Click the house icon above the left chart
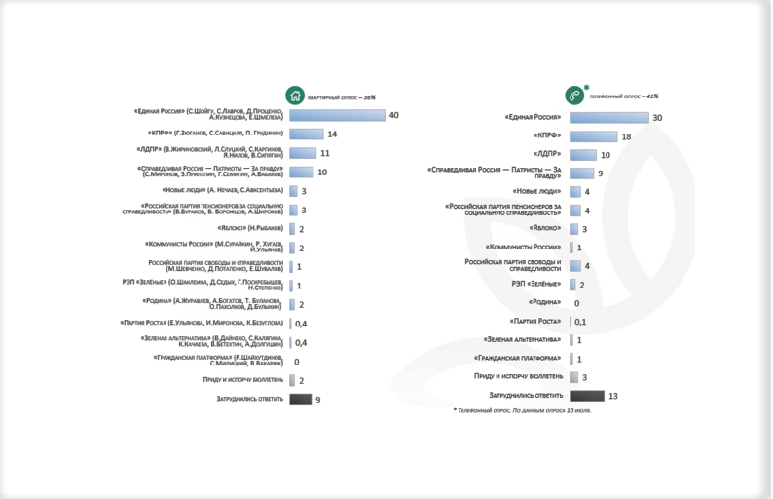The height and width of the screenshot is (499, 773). tap(294, 96)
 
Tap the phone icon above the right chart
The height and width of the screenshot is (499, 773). tap(575, 96)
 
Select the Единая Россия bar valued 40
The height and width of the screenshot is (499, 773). tap(337, 115)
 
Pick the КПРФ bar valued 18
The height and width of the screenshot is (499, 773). tap(593, 136)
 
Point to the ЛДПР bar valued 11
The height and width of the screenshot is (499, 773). tap(303, 153)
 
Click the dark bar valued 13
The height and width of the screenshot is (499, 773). tap(586, 395)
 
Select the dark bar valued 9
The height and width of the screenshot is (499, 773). tap(300, 399)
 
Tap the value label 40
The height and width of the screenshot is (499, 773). tap(394, 115)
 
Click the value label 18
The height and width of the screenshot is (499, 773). tap(626, 136)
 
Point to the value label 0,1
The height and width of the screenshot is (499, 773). tap(580, 322)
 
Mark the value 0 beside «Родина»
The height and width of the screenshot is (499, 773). tap(576, 303)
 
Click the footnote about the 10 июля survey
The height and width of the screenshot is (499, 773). tap(522, 410)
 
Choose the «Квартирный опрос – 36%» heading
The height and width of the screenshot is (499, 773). tap(341, 97)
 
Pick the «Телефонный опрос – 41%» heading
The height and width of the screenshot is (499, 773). tap(624, 96)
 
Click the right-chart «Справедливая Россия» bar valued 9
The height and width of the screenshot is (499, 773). tap(580, 173)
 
